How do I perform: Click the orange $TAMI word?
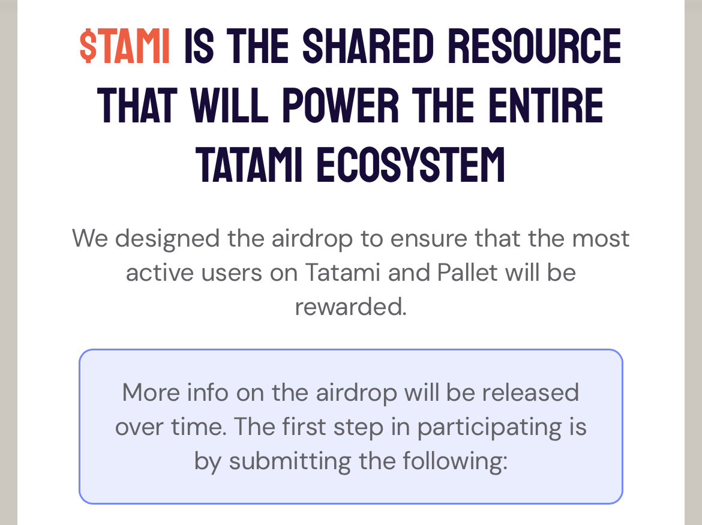pos(124,46)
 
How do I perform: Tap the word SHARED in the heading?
pos(368,46)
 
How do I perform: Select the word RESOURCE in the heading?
pos(535,46)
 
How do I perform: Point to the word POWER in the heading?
pos(340,105)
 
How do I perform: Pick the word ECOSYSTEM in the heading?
pos(410,165)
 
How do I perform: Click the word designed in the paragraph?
pos(167,239)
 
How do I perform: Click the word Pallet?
pos(467,272)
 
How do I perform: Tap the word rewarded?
pos(350,307)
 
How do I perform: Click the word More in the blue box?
pos(151,392)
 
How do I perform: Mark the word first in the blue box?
pos(304,427)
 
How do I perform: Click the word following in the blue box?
pos(455,461)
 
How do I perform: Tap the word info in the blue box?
pos(208,392)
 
